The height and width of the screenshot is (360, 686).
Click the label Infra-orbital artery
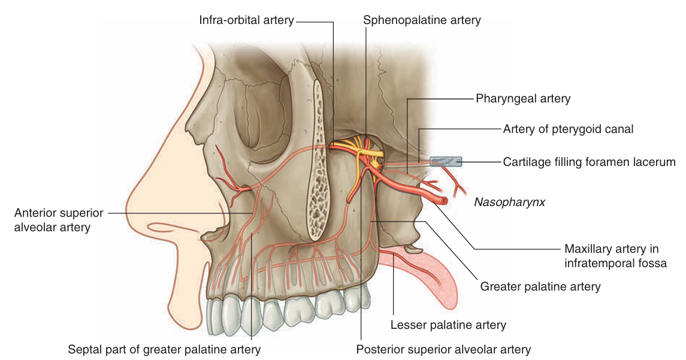246,20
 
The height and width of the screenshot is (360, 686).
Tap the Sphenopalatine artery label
422,20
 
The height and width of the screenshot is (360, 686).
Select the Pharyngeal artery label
523,98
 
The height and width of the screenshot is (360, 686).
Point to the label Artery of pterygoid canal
568,129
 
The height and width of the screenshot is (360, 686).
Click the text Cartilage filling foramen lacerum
589,162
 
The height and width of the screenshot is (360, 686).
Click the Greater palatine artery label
540,287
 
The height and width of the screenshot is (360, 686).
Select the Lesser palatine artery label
448,325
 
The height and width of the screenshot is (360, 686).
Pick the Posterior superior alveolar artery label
443,349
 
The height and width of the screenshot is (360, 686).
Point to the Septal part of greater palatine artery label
164,349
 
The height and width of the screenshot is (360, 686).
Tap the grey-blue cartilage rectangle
446,161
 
